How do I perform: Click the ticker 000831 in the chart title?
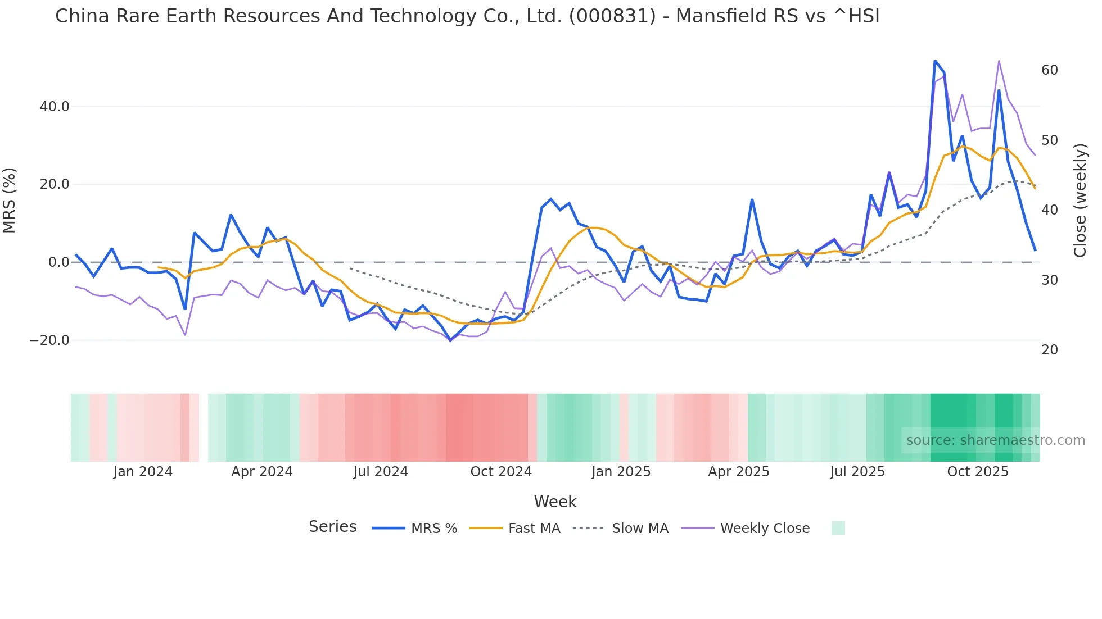click(x=612, y=16)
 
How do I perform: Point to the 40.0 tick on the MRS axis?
click(x=55, y=106)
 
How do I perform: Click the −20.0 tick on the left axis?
click(x=49, y=340)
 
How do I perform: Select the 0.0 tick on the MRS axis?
click(x=59, y=262)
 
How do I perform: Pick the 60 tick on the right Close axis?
click(x=1050, y=70)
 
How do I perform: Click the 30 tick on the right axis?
click(x=1050, y=280)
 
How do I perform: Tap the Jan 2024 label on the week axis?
click(x=143, y=472)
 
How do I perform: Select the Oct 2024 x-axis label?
click(x=501, y=472)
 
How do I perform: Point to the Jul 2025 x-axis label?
click(x=857, y=472)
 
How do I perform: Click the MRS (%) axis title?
click(x=10, y=200)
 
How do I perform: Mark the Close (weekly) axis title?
click(x=1080, y=200)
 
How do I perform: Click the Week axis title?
click(x=555, y=502)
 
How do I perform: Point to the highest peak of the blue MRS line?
click(x=935, y=61)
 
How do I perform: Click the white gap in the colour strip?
click(x=204, y=427)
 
